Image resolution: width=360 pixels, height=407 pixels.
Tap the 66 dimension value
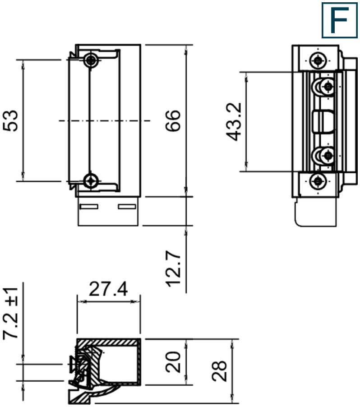pos(173,120)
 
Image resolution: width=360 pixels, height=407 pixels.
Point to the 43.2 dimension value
pos(235,121)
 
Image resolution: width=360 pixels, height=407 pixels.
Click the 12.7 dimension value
pos(173,269)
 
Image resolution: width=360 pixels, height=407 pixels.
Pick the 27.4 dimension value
pos(108,289)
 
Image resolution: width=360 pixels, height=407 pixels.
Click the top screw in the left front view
pos(92,60)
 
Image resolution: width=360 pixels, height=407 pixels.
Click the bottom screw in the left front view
pos(92,180)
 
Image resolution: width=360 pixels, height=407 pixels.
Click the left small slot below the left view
pos(88,207)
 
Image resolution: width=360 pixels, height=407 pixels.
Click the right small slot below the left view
pos(127,207)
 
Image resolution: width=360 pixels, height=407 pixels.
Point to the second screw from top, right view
pos(328,86)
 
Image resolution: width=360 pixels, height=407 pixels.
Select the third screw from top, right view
pos(328,156)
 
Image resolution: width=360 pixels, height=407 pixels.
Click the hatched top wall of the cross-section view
pos(108,341)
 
